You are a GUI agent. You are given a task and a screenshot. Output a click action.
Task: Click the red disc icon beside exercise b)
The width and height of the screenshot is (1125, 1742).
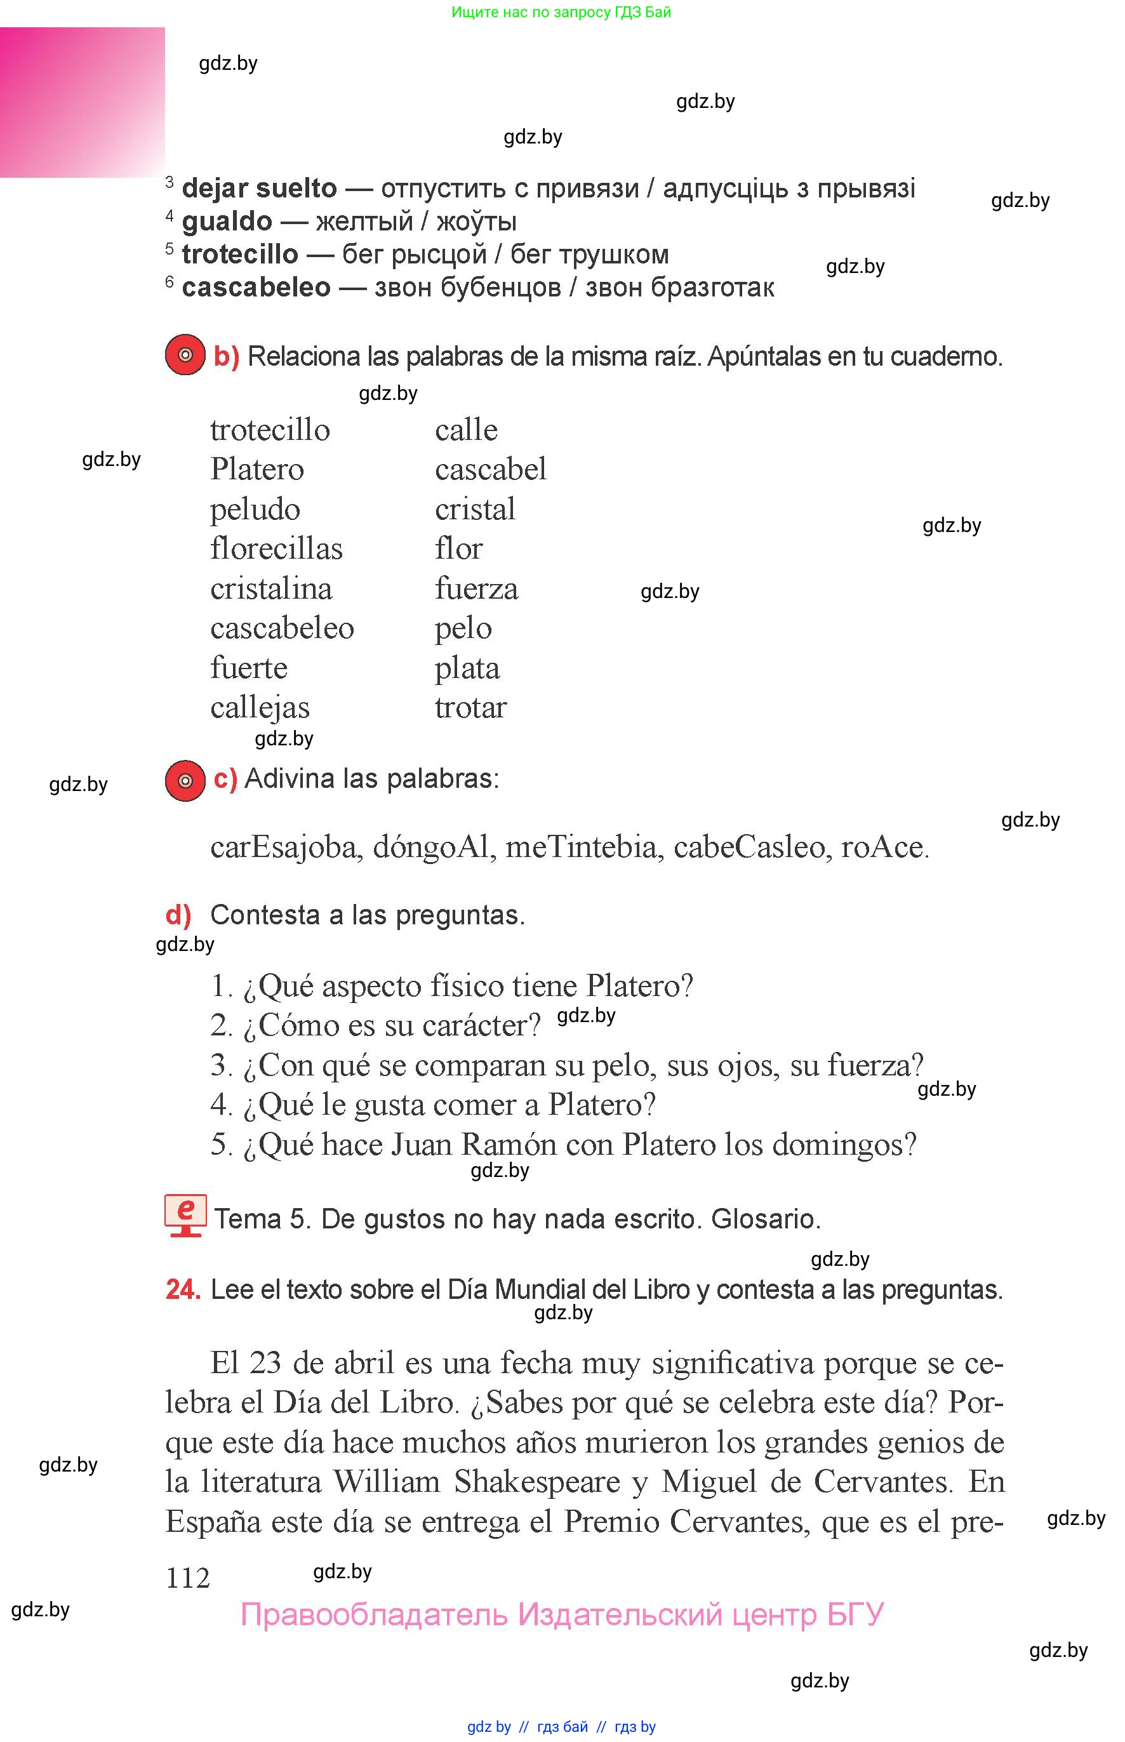(185, 355)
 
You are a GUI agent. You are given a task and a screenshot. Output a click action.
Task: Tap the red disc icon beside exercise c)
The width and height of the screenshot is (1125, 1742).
(185, 780)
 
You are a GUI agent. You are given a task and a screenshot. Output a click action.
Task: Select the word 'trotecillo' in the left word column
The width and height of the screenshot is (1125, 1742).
(270, 430)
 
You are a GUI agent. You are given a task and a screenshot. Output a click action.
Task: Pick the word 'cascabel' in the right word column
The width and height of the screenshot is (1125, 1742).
(490, 469)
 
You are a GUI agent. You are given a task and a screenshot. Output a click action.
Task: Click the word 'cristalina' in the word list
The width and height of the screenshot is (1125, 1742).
(271, 588)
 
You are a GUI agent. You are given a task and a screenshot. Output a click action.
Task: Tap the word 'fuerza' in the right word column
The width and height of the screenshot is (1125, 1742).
(476, 588)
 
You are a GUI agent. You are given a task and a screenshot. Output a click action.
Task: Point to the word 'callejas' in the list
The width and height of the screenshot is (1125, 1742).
(260, 708)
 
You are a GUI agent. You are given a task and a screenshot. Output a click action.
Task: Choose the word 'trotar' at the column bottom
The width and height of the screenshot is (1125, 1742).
(470, 707)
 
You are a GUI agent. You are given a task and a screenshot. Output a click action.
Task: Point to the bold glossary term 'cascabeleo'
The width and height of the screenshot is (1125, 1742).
(256, 287)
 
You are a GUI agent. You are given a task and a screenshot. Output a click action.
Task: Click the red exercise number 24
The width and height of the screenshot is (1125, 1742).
(183, 1289)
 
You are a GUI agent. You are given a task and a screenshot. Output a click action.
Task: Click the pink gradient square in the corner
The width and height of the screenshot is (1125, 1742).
(82, 102)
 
